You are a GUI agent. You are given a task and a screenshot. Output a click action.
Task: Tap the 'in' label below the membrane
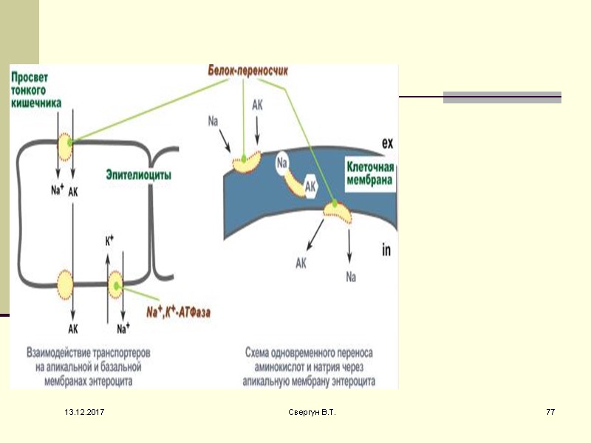386,251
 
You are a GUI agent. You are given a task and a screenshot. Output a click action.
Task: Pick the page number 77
550,411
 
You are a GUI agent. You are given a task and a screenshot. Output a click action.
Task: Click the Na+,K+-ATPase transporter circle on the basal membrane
116,283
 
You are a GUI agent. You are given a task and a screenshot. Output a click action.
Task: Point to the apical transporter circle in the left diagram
65,146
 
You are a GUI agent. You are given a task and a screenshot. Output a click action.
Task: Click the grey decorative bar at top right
502,97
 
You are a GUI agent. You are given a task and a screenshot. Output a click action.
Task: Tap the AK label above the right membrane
258,106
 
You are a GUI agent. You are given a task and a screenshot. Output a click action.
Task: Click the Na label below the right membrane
351,277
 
